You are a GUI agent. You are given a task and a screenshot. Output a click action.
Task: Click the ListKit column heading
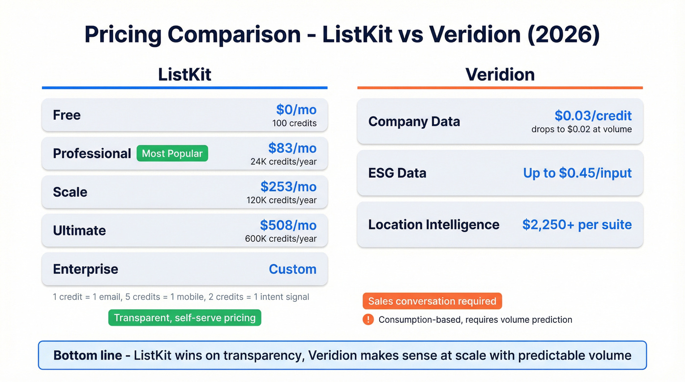pos(184,74)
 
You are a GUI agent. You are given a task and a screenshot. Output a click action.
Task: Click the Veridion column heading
pos(500,74)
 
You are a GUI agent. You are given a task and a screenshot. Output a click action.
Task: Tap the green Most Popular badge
pos(172,154)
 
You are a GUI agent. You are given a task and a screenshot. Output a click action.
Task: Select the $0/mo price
pos(296,110)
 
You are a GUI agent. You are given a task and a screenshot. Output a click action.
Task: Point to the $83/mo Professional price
pos(292,148)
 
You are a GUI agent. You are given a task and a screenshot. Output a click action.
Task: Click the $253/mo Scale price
pos(288,186)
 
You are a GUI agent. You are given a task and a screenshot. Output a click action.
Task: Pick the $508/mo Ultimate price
pos(288,225)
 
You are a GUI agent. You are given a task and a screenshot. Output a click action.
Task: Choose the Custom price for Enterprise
pos(293,269)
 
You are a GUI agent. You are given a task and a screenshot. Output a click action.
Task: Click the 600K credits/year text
pos(281,239)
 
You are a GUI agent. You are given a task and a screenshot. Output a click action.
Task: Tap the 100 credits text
pos(295,123)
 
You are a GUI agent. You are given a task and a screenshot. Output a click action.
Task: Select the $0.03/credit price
pos(593,115)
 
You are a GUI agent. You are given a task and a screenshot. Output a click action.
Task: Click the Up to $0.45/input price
pos(577,173)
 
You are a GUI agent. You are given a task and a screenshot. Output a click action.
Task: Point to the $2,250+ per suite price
pos(577,225)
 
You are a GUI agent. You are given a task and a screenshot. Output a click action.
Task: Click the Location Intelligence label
pos(434,225)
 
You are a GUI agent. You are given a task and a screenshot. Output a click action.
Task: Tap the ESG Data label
pos(397,173)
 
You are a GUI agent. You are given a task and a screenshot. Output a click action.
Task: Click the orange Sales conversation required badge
pos(432,301)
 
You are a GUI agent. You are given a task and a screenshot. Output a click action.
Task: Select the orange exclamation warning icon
pos(368,319)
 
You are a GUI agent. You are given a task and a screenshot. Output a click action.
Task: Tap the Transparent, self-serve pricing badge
pos(184,318)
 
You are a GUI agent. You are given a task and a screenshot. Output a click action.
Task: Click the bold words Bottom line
pos(88,355)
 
